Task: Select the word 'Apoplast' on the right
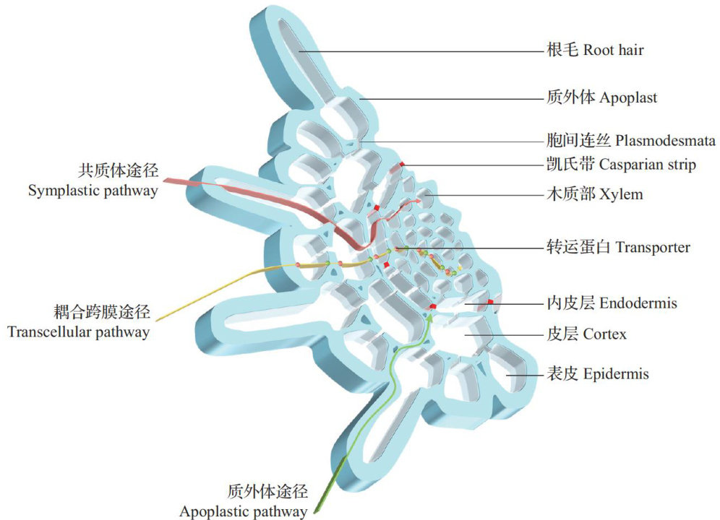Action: point(628,97)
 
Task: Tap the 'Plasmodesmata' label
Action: point(666,140)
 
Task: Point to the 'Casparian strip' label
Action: point(648,165)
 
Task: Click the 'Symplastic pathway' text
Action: point(93,192)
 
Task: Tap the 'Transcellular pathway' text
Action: point(79,332)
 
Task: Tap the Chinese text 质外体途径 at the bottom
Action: point(267,493)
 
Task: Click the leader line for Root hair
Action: point(419,51)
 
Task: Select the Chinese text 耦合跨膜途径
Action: point(102,312)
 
